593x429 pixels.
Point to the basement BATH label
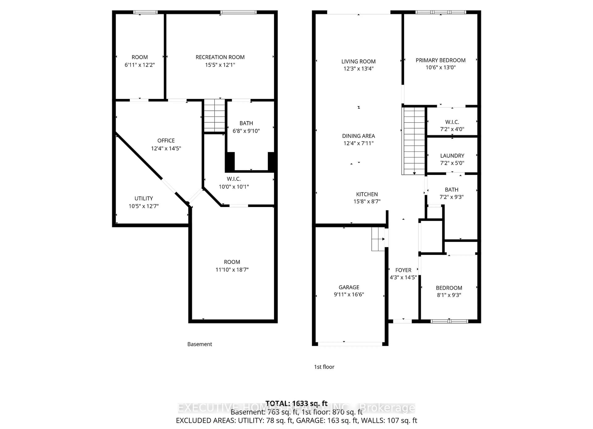click(246, 123)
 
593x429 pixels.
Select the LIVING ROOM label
click(358, 61)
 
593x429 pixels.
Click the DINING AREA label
click(358, 136)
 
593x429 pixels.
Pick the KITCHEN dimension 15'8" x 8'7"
click(367, 201)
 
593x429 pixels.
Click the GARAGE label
click(349, 287)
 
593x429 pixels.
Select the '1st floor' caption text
click(324, 367)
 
